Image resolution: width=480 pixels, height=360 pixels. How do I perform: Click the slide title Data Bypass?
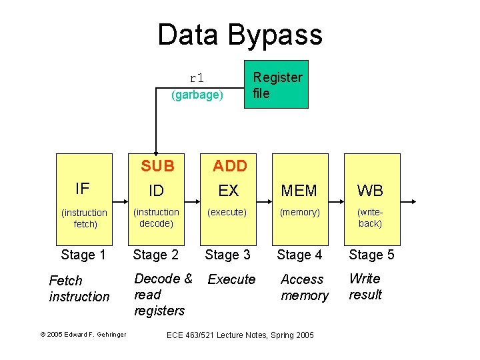[240, 35]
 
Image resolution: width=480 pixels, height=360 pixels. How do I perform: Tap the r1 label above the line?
[197, 78]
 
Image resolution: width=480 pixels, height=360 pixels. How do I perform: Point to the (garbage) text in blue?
[197, 95]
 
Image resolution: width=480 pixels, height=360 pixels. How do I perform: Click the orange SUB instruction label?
[157, 166]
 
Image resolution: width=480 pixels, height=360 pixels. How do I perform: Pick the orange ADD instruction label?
[229, 166]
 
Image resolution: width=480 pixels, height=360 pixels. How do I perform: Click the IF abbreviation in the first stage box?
[83, 189]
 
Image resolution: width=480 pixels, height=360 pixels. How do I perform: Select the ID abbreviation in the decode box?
[156, 191]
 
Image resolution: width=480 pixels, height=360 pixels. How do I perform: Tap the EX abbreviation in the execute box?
[228, 191]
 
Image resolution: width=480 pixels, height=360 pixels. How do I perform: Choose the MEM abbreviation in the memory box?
[299, 191]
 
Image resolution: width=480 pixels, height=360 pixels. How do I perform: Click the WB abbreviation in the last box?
[370, 191]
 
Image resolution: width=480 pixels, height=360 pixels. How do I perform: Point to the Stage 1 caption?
[83, 255]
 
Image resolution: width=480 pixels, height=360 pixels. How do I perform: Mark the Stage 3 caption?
[228, 255]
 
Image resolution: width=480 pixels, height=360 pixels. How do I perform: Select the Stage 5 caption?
[371, 255]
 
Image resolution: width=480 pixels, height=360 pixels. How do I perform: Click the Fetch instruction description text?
[79, 289]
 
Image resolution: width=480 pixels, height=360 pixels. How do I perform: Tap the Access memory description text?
[305, 287]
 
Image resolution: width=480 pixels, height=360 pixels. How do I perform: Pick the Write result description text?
[365, 287]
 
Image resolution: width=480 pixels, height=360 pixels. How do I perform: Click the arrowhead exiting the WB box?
[413, 200]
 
